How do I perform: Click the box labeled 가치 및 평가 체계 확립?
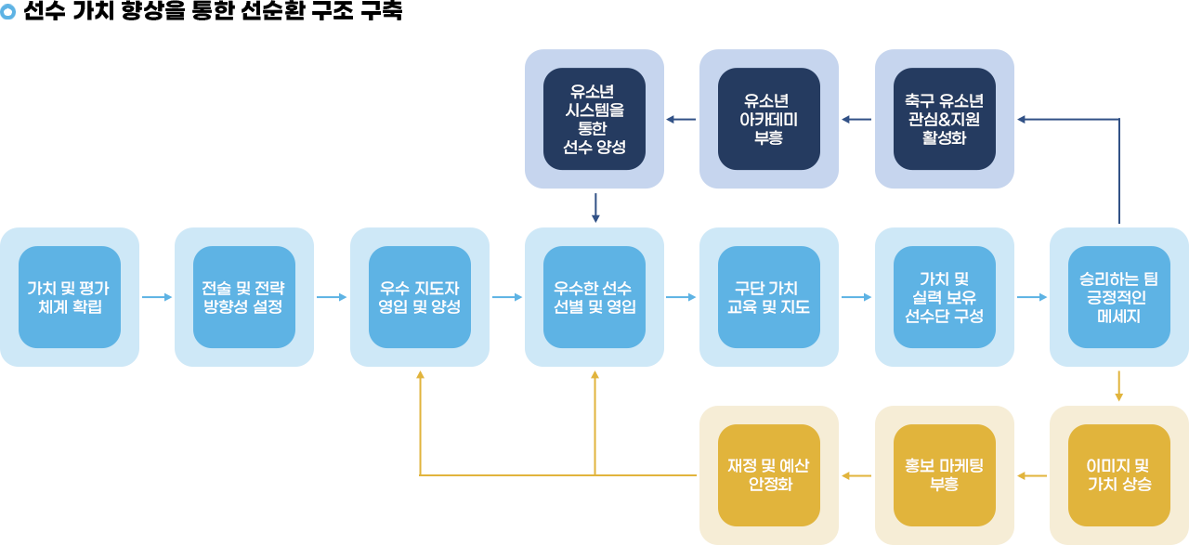click(70, 297)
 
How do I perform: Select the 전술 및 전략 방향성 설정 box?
click(244, 297)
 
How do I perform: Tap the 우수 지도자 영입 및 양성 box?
click(420, 297)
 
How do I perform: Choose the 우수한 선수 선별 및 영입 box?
click(594, 297)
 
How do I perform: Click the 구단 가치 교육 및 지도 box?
click(769, 297)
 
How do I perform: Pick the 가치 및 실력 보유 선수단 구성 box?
click(945, 297)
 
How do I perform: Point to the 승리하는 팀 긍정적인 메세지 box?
click(1119, 297)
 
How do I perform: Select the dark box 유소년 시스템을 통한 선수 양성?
click(594, 119)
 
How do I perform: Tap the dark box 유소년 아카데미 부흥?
click(769, 119)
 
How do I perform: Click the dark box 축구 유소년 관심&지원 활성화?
click(945, 119)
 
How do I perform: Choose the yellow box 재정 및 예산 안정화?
click(769, 475)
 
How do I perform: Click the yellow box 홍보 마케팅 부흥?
click(945, 475)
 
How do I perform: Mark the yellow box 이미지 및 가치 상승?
click(1119, 475)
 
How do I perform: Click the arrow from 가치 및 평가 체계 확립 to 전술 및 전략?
click(157, 297)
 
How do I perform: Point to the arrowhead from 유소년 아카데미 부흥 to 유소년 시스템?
click(670, 119)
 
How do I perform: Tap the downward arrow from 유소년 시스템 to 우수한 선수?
click(595, 208)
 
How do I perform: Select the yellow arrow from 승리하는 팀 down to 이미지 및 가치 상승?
click(1119, 386)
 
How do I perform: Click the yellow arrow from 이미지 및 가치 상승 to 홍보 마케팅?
click(1032, 475)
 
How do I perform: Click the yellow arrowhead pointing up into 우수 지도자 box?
click(420, 374)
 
